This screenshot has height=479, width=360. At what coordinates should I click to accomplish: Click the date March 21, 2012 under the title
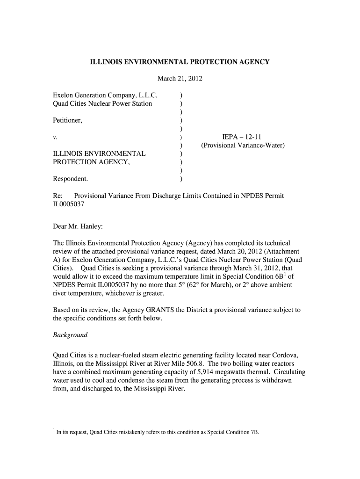180,79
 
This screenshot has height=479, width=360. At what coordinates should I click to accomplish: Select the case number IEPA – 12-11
243,137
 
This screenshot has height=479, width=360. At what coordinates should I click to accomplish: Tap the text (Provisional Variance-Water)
243,145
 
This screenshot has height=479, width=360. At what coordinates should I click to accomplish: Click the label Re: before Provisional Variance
58,196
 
